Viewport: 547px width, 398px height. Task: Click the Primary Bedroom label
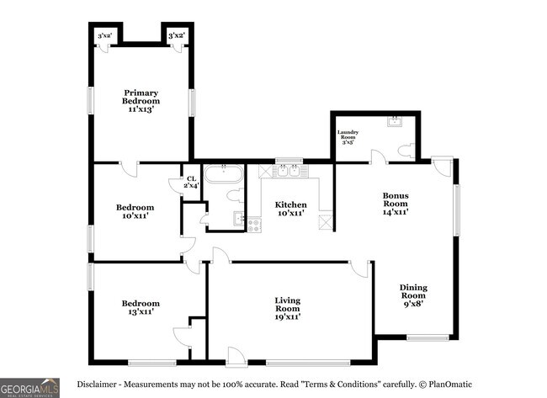click(141, 100)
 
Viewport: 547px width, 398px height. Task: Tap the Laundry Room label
click(348, 137)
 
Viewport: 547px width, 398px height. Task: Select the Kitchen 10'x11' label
click(290, 209)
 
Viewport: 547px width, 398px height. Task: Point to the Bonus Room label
click(395, 203)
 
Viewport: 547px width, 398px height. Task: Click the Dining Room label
click(412, 295)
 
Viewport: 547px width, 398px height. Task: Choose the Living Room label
click(287, 308)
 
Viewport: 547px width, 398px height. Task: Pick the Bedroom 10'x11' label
click(135, 211)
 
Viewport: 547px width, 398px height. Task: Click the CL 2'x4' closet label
click(191, 182)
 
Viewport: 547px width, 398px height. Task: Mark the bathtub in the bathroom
click(225, 175)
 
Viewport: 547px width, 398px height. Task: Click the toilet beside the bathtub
click(236, 195)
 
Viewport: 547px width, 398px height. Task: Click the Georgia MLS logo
click(29, 387)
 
